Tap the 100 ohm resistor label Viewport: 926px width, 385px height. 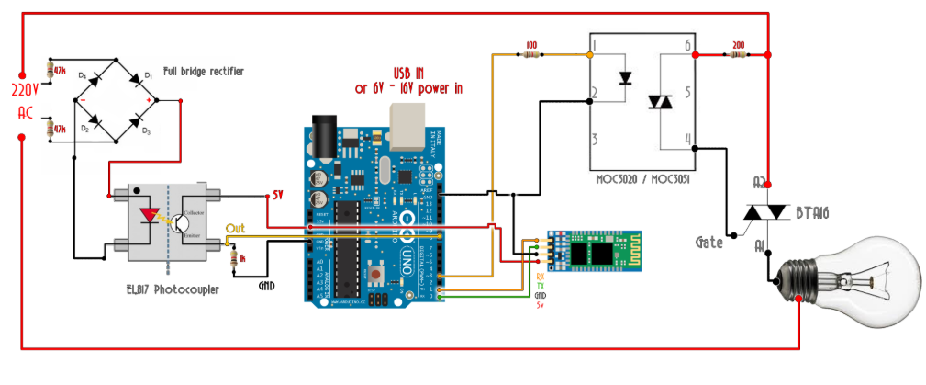point(531,43)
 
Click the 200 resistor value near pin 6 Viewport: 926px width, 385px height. point(738,43)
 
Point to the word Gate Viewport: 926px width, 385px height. point(708,243)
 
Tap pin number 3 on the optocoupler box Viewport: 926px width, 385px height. point(595,139)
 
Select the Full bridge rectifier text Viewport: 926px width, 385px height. point(203,71)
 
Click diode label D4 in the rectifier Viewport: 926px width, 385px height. point(83,74)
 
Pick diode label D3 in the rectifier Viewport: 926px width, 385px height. point(146,130)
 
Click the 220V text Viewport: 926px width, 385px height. point(25,91)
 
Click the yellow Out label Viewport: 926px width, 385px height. point(235,227)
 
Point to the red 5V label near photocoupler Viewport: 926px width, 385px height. point(278,195)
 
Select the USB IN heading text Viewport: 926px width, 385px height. point(408,73)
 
